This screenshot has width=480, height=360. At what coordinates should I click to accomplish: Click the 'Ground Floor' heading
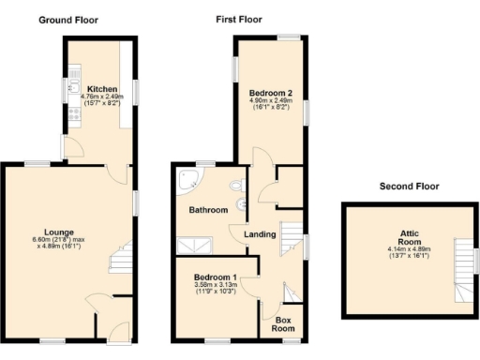(67, 20)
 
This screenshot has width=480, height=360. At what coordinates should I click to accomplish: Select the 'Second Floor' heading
(410, 186)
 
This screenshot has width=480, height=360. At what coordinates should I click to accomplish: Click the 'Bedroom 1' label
(216, 278)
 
